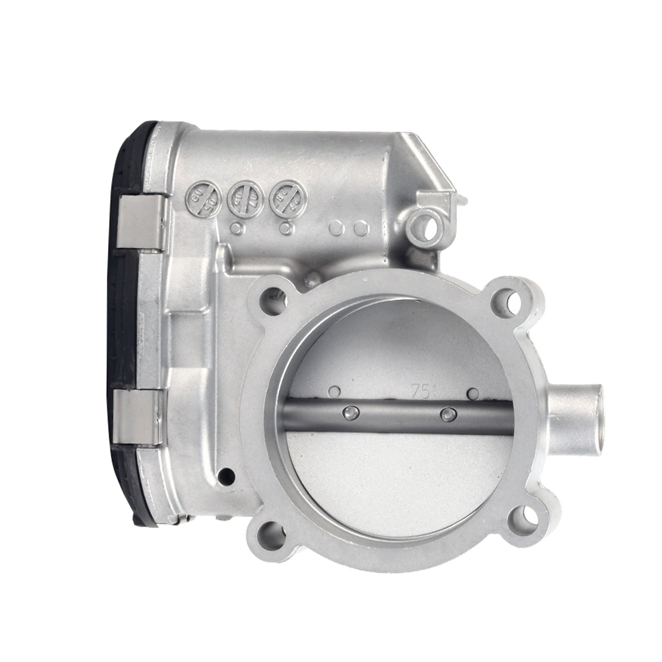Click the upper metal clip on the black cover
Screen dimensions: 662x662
tap(142, 222)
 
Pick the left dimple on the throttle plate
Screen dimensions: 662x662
tap(336, 391)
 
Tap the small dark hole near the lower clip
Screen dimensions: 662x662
tap(226, 471)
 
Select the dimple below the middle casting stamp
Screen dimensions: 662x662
tap(237, 226)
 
